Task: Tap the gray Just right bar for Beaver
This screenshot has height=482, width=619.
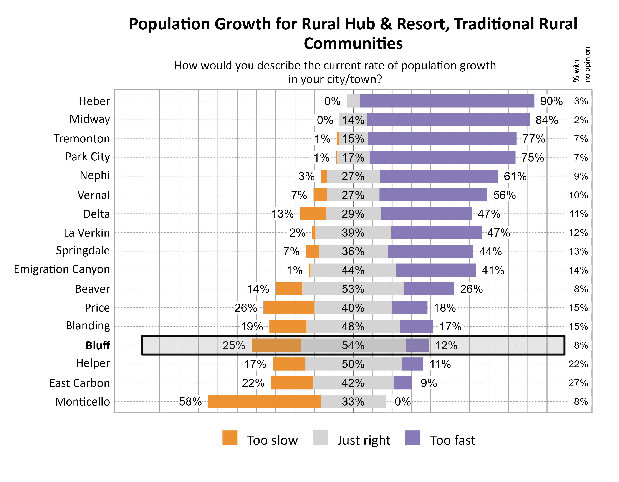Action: click(x=353, y=289)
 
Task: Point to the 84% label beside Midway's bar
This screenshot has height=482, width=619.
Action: click(x=546, y=120)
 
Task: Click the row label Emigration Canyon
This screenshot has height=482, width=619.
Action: click(x=62, y=269)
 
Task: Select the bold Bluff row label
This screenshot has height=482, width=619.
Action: click(x=98, y=345)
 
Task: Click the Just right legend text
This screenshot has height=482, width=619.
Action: click(x=363, y=440)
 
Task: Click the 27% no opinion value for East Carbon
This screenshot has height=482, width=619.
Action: click(x=578, y=383)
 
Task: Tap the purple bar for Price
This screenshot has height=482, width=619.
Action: click(x=410, y=307)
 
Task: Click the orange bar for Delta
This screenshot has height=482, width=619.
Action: click(x=312, y=214)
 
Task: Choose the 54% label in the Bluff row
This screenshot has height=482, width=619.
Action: click(x=353, y=345)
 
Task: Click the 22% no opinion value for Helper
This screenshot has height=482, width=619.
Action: click(x=578, y=364)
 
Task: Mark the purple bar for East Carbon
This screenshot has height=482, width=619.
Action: click(x=402, y=383)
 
